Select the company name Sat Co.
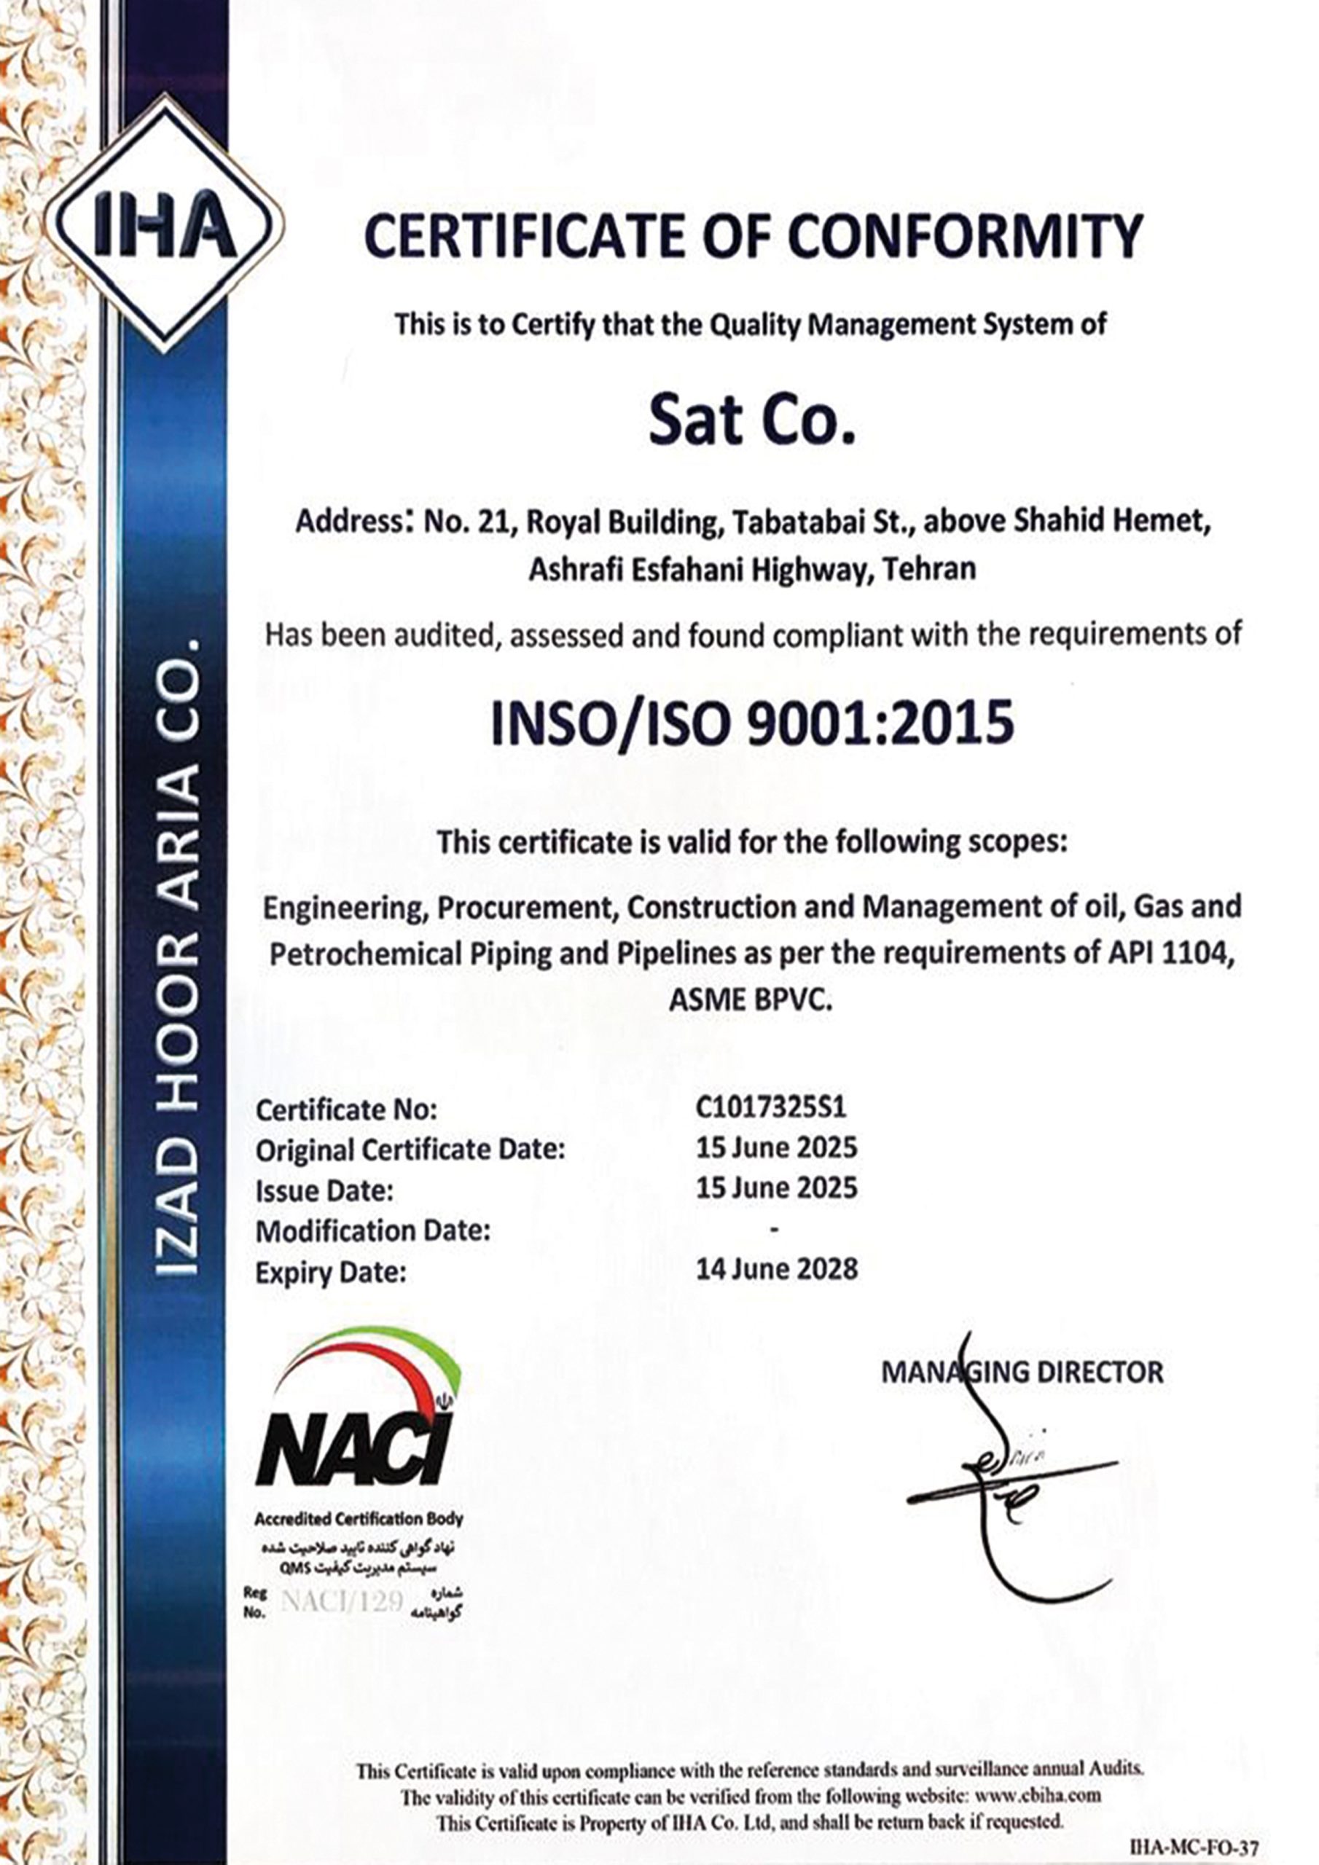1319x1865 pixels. tap(752, 420)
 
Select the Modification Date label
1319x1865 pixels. tap(373, 1230)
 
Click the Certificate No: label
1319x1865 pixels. tap(346, 1110)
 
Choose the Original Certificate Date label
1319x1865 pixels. tap(410, 1150)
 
